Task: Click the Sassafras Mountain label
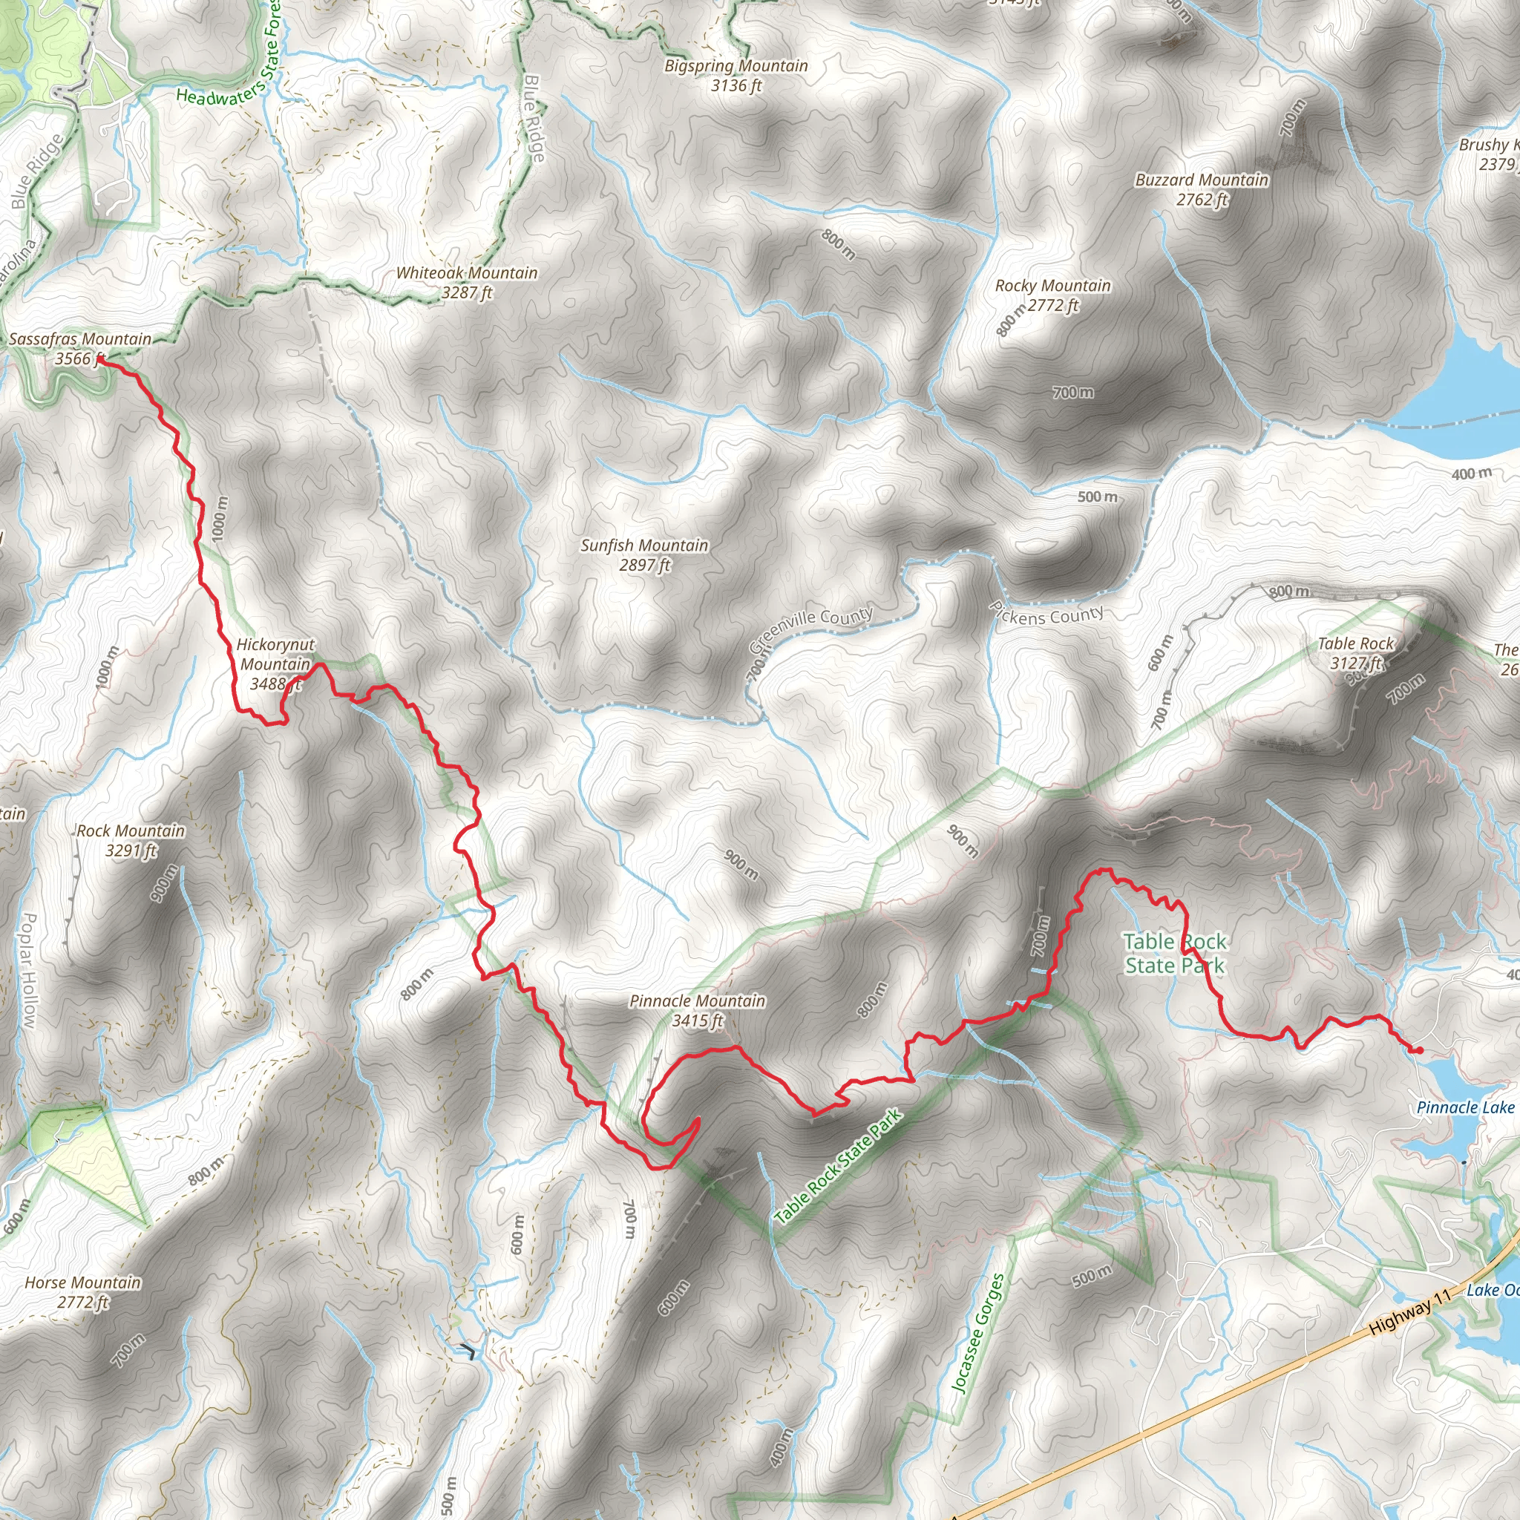(80, 349)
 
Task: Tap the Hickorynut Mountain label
(275, 664)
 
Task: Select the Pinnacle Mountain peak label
(697, 1011)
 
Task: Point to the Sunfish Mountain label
(644, 554)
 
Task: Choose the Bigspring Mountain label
(736, 76)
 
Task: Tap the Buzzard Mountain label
(1202, 189)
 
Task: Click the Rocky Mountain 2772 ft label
(1052, 295)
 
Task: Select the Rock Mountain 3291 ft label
(131, 840)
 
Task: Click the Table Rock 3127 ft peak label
(1355, 653)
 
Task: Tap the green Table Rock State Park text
(1175, 954)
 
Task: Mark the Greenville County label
(811, 630)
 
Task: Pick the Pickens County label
(1046, 615)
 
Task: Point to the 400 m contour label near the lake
(1471, 474)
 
